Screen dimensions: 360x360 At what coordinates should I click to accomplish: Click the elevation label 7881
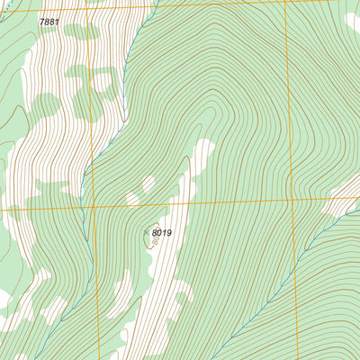tap(50, 21)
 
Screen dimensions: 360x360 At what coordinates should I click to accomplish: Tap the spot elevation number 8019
tap(161, 233)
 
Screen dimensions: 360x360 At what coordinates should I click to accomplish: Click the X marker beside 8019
tap(147, 233)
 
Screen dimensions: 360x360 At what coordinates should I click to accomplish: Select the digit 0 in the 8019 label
tap(158, 233)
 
